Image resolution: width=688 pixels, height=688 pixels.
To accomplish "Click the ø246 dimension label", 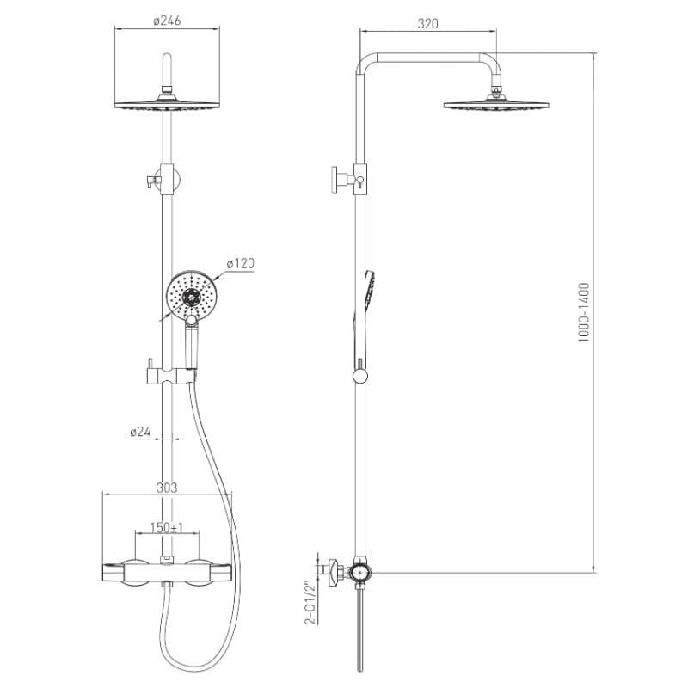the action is pos(167,21).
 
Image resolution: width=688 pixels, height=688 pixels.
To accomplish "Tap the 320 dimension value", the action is pos(427,24).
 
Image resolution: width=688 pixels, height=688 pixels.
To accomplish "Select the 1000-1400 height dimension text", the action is pos(584,312).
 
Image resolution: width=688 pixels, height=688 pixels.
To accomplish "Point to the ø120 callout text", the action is pos(241,263).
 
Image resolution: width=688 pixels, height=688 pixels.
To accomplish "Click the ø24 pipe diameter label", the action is pos(140,432).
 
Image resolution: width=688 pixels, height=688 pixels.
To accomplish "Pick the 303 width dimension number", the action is pos(167,488).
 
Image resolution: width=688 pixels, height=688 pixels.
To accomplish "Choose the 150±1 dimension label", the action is pos(167,527).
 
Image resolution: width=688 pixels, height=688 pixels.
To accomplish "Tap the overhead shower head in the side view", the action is pos(496,104).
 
